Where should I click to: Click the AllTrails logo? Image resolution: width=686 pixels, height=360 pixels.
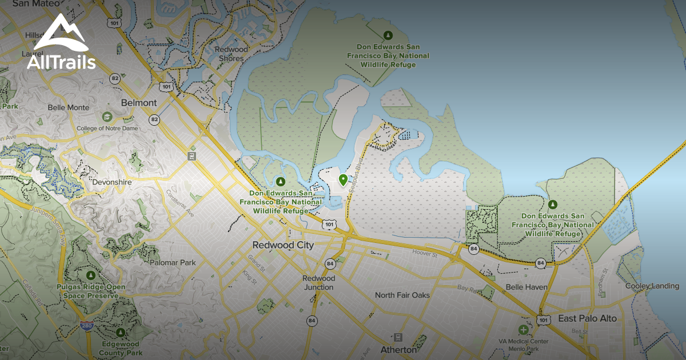pos(61,42)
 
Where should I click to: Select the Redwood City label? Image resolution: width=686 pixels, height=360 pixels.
pos(284,245)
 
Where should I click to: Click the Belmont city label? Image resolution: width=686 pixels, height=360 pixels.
pos(139,102)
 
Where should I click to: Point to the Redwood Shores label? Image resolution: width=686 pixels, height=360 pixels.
pos(232,54)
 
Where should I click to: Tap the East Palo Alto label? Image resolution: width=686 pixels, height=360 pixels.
pos(587,318)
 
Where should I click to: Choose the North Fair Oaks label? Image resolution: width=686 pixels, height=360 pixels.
pos(402,295)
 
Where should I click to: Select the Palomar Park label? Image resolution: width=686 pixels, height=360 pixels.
pos(173,263)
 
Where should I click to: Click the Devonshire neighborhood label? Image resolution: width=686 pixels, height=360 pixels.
pos(112,182)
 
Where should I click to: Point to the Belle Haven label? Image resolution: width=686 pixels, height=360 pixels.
pos(526,287)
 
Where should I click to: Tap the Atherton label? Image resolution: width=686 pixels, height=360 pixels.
pos(398,350)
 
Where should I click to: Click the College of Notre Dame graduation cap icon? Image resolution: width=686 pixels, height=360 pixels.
pos(107,117)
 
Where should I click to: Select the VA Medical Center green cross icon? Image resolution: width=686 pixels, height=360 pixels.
pos(523,330)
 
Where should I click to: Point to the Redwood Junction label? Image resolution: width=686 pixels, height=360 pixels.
pos(318,282)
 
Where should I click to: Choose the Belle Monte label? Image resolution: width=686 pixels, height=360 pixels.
pos(68,107)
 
